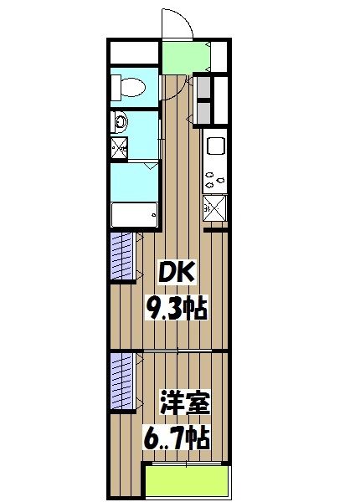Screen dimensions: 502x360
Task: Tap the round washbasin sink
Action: click(121, 122)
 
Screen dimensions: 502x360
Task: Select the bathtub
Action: click(134, 214)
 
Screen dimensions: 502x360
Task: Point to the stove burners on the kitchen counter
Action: click(215, 177)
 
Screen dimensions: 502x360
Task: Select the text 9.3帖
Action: click(178, 310)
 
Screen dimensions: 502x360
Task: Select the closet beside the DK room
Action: click(122, 256)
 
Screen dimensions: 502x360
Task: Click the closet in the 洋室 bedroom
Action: click(122, 382)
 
